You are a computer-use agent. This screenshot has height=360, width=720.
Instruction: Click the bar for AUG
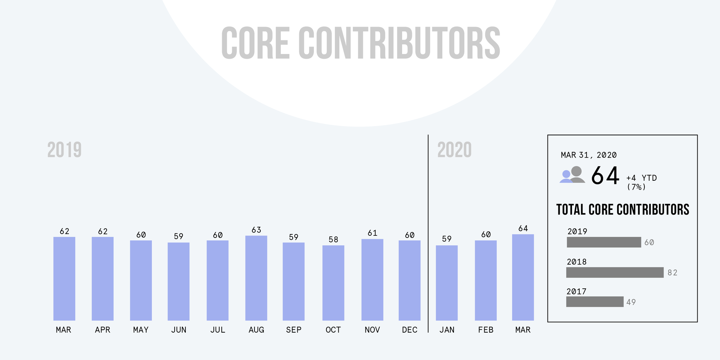[256, 278]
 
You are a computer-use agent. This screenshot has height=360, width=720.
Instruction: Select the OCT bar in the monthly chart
[333, 283]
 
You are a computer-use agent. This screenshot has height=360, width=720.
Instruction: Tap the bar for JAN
[446, 283]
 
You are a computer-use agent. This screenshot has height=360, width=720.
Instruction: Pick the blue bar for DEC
[409, 280]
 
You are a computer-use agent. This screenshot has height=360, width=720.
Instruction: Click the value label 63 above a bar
[256, 230]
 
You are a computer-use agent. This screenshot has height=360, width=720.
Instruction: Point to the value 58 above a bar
[333, 239]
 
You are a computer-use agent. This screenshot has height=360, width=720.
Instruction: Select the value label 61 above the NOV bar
[372, 233]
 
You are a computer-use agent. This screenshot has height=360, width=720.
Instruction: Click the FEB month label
[485, 330]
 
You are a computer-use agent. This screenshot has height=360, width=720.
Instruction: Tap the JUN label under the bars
[179, 330]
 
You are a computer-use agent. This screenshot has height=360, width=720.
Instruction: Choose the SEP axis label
[293, 330]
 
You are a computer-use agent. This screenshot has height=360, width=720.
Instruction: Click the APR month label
[102, 330]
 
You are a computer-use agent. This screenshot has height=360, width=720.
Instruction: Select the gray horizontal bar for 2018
[615, 273]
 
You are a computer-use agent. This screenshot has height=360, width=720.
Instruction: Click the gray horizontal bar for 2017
[594, 302]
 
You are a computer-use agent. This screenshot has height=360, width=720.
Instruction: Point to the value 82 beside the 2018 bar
[672, 273]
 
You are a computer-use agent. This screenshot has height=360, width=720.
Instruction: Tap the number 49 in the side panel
[631, 302]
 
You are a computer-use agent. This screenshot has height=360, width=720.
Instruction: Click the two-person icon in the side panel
[572, 175]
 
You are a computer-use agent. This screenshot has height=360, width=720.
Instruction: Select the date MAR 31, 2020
[588, 155]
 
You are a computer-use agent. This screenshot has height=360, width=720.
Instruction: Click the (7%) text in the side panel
[636, 187]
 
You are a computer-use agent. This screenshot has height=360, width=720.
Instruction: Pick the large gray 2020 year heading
[454, 150]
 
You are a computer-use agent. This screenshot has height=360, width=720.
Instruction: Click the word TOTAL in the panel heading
[571, 210]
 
